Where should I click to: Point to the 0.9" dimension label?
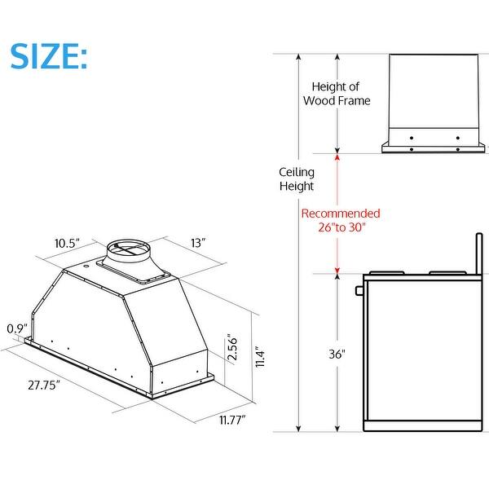(x=14, y=330)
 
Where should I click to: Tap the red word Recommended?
(x=341, y=214)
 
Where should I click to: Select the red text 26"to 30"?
(x=341, y=227)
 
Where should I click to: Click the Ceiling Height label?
(x=297, y=179)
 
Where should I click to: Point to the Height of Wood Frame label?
(x=337, y=93)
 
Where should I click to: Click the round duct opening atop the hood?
(x=130, y=247)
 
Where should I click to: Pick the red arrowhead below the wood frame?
(x=337, y=157)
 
